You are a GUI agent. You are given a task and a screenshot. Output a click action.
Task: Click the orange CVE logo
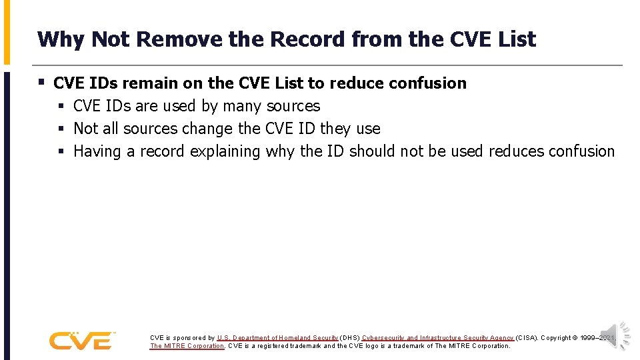(x=81, y=340)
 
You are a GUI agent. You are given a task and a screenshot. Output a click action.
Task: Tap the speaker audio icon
(x=615, y=335)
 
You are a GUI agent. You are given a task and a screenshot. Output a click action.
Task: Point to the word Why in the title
(x=61, y=39)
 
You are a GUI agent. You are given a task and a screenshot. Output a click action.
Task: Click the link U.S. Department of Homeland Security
(x=277, y=338)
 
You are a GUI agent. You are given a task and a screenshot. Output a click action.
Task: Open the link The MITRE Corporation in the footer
(x=187, y=346)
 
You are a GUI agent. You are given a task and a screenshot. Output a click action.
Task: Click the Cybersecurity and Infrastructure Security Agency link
(x=438, y=338)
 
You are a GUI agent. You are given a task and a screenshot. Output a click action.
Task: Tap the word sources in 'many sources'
(x=293, y=106)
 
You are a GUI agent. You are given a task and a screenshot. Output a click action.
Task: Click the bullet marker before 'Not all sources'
(x=61, y=129)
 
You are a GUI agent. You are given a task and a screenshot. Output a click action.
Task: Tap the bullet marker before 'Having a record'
(x=61, y=151)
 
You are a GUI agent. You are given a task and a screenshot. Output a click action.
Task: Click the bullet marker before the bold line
(x=41, y=83)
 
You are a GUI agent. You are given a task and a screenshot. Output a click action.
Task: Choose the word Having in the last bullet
(x=97, y=151)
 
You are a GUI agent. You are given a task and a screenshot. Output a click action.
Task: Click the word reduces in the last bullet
(x=515, y=151)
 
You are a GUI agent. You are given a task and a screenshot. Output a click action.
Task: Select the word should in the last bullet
(x=372, y=151)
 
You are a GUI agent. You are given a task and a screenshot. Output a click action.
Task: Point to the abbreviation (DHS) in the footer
(x=350, y=338)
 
